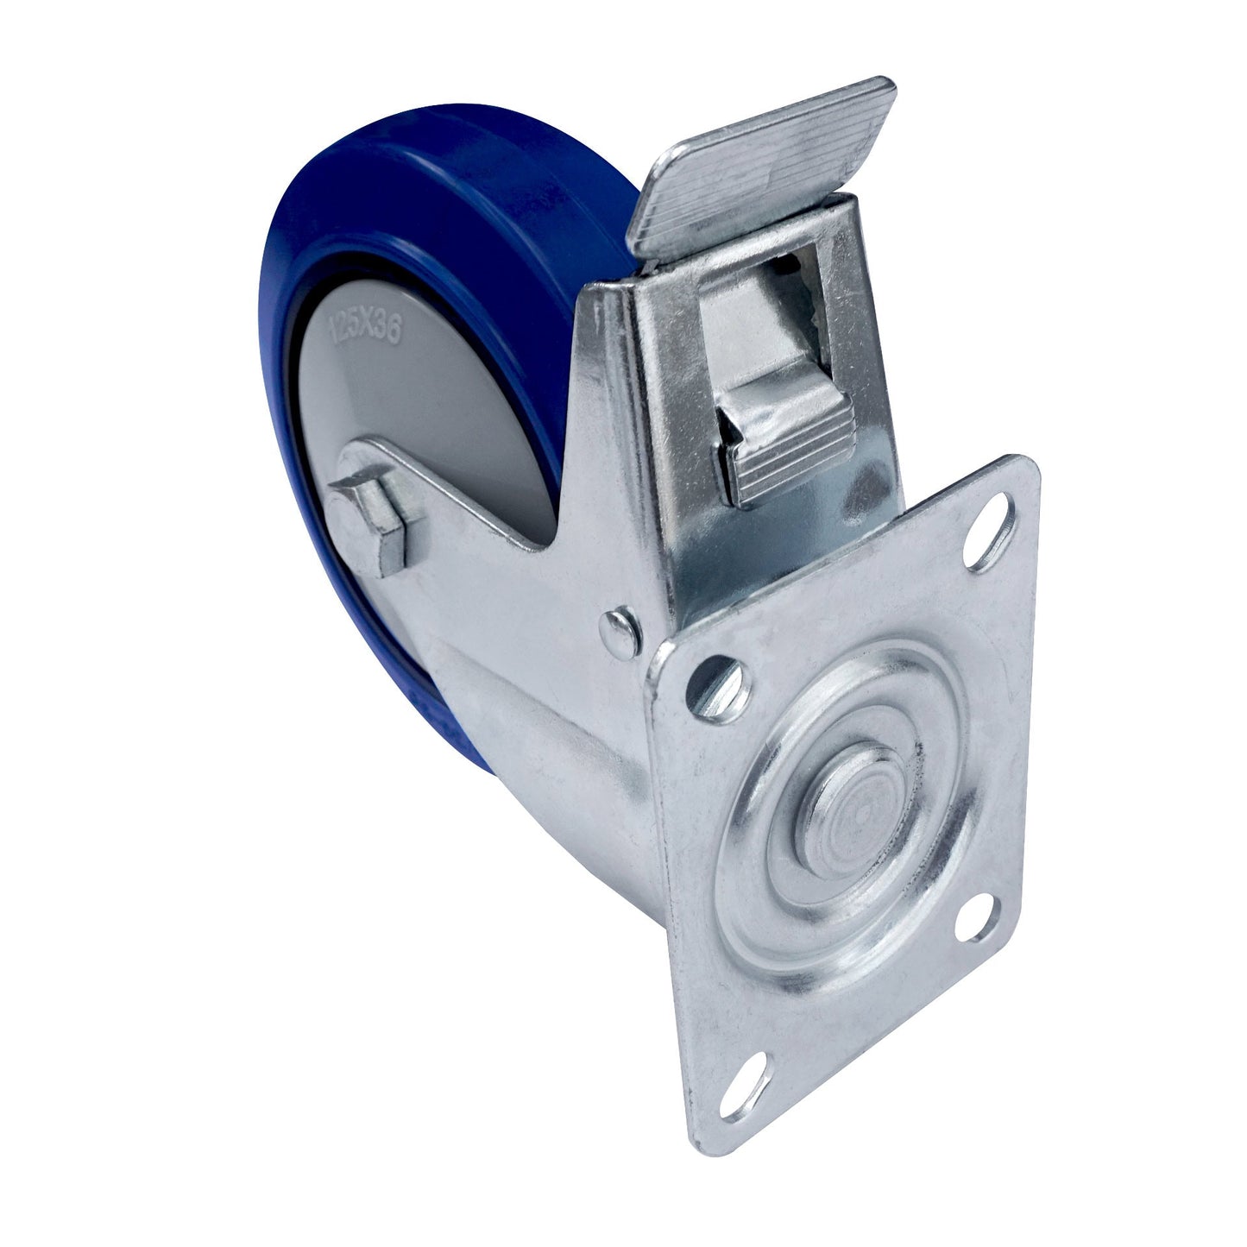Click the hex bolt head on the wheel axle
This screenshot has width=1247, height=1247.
378,527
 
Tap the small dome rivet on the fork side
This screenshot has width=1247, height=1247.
621,626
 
